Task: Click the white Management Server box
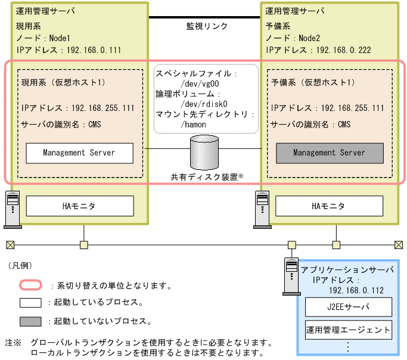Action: (x=79, y=153)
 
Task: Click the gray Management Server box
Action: (x=329, y=153)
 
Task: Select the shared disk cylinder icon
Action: (x=204, y=153)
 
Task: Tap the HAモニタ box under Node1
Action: (x=79, y=206)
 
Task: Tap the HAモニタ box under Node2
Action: (x=329, y=206)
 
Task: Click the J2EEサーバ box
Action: (x=348, y=308)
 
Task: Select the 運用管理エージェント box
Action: (x=348, y=329)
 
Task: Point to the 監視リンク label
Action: (x=203, y=27)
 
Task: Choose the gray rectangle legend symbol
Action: (x=30, y=321)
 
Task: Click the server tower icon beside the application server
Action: (x=290, y=276)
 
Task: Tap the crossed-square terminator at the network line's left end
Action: (x=10, y=244)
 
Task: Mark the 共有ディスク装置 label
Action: (x=203, y=177)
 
